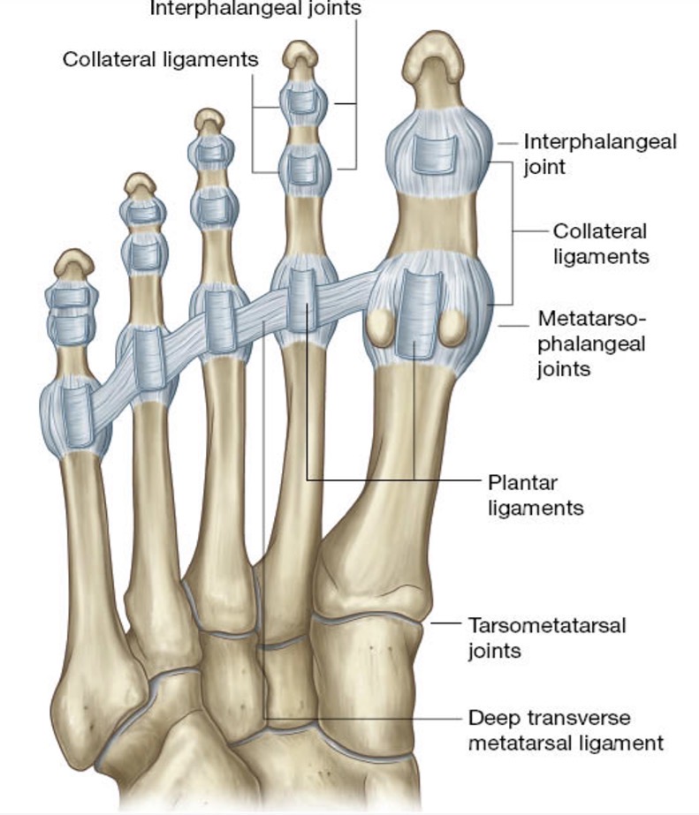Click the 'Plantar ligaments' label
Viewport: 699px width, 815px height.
click(536, 495)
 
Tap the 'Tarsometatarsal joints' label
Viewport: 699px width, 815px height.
click(547, 638)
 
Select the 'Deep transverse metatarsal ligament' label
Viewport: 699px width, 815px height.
click(566, 730)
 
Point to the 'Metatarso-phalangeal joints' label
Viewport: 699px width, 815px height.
click(592, 344)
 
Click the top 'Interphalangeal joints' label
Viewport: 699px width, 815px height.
click(255, 9)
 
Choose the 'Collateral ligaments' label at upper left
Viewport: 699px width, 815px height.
click(161, 59)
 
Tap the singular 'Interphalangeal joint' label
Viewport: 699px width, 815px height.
click(600, 155)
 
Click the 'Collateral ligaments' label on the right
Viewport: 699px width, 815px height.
click(601, 244)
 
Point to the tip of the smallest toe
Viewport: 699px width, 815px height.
click(75, 252)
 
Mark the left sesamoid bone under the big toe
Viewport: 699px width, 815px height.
click(381, 328)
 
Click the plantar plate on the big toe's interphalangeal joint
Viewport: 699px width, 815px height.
click(434, 154)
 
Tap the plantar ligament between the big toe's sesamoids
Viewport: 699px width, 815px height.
click(419, 314)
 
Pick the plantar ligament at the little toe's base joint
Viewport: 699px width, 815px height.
click(78, 417)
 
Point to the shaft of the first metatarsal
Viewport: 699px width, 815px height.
click(412, 457)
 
